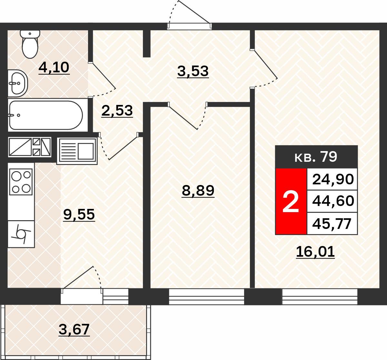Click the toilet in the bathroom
(x=30, y=44)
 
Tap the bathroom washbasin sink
(x=18, y=83)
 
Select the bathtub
(x=46, y=115)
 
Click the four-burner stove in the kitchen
(x=21, y=182)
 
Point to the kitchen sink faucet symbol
(x=21, y=234)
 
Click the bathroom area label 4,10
(x=54, y=67)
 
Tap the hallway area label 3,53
(x=193, y=71)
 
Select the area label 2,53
(x=117, y=111)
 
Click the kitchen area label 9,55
(x=79, y=214)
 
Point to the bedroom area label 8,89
(x=198, y=190)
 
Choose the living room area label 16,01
(x=315, y=252)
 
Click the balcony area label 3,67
(x=74, y=329)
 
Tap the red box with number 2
(x=291, y=201)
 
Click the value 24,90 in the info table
(x=333, y=179)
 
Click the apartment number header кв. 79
(x=316, y=157)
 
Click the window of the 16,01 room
(x=320, y=297)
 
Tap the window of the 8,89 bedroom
(x=206, y=297)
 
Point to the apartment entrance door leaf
(x=194, y=12)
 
